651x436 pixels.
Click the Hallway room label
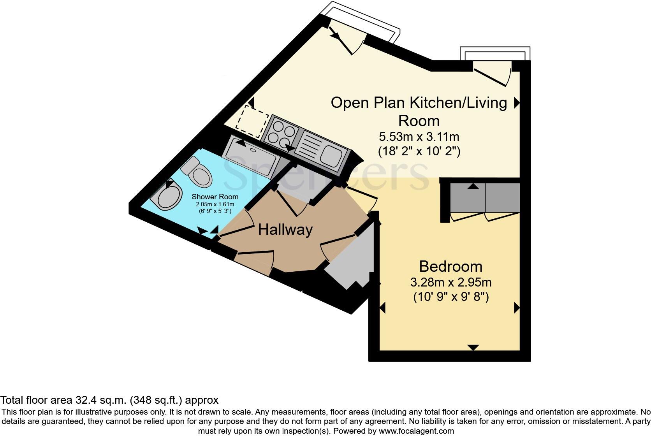285,230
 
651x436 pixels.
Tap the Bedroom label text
450,267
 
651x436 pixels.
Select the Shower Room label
215,197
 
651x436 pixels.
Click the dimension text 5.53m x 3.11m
419,137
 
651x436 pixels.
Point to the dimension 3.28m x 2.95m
450,282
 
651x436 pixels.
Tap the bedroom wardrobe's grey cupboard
485,198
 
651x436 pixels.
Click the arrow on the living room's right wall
517,103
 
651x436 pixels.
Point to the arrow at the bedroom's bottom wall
473,347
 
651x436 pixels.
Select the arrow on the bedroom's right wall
517,308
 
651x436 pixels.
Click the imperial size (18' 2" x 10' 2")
419,151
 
